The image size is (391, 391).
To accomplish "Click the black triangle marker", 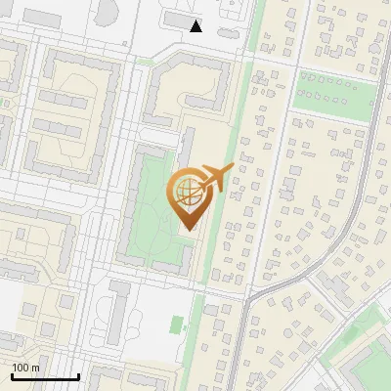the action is (x=196, y=26).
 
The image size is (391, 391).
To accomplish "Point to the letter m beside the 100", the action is (x=35, y=368).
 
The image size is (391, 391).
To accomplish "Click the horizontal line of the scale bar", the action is (x=45, y=377).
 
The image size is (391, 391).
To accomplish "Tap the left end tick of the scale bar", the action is (x=12, y=375).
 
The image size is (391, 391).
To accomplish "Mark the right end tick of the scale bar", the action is (x=78, y=375).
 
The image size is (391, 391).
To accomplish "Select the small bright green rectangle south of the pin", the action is (x=177, y=325).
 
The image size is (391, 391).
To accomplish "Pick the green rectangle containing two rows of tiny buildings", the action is (x=334, y=90).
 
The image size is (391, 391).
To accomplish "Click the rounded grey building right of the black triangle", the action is (x=227, y=32).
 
